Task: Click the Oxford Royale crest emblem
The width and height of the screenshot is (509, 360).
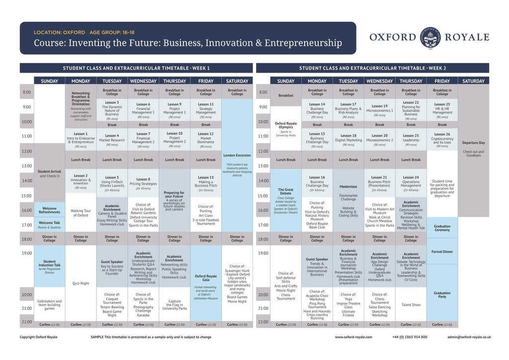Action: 430,37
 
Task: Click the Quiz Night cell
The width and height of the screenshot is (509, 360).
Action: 81,283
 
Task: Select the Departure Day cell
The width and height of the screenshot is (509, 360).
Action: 473,143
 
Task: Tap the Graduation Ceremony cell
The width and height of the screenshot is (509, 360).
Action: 442,228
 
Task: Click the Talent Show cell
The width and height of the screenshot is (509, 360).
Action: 411,304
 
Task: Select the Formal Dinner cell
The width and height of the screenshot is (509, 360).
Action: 442,252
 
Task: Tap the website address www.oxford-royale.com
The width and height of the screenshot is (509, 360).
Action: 353,337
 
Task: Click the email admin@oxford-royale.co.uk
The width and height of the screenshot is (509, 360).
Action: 469,337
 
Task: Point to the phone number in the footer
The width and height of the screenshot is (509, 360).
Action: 409,337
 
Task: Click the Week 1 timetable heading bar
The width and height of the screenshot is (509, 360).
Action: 136,68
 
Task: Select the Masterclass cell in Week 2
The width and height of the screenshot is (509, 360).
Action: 348,186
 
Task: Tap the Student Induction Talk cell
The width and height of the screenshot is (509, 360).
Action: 49,266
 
